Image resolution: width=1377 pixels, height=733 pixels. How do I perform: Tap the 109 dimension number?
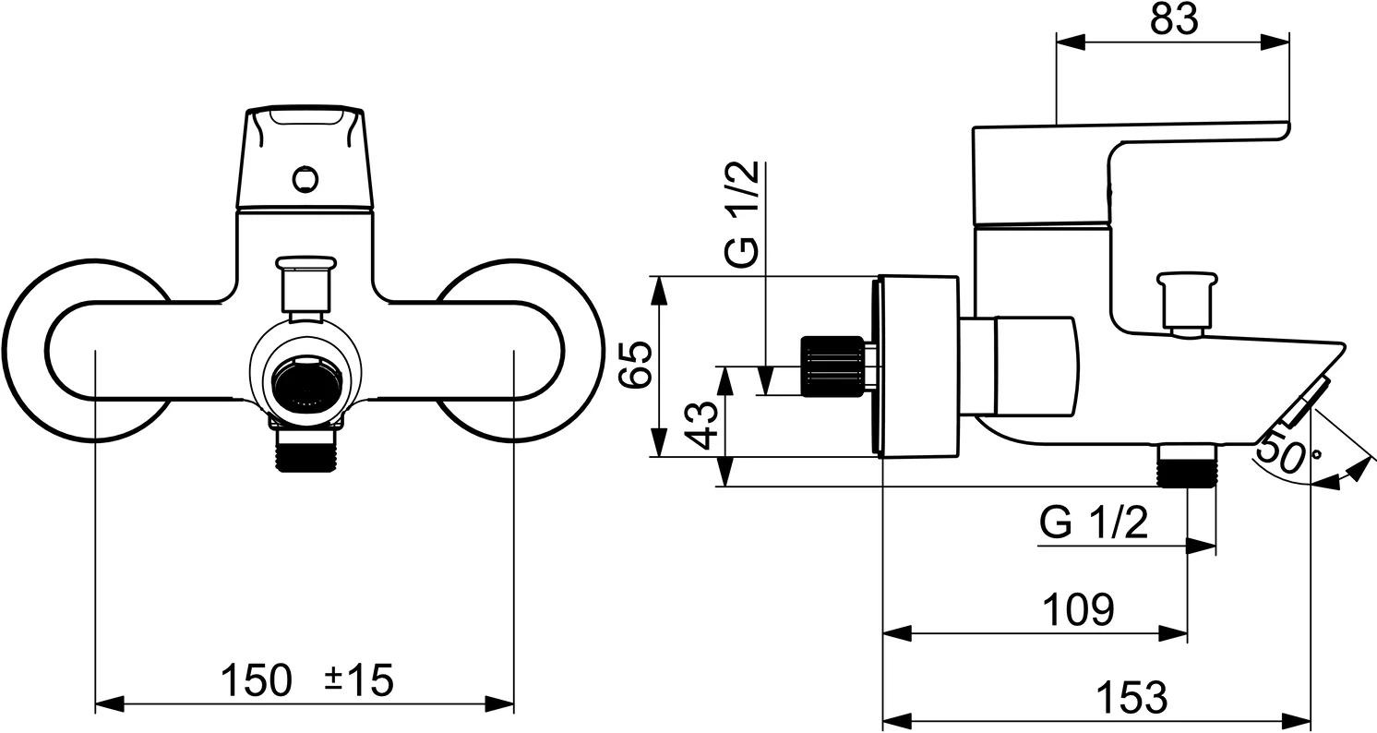(1078, 610)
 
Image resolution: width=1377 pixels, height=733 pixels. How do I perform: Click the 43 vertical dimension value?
(703, 425)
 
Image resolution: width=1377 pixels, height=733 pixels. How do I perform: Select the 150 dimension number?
(256, 681)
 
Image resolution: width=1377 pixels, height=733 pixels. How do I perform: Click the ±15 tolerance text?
(359, 681)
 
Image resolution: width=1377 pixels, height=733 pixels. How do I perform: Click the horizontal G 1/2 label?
(1094, 524)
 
